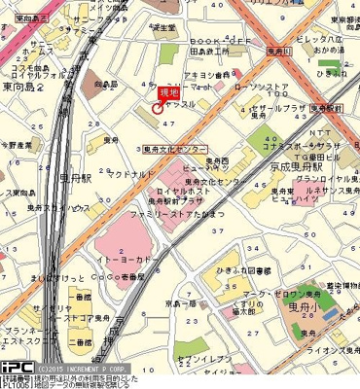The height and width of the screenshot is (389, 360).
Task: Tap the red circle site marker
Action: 159,110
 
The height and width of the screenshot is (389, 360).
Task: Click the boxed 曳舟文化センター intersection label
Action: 176,150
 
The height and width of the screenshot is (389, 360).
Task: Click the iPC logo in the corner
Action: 15,371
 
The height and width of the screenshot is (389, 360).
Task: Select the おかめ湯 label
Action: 336,45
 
